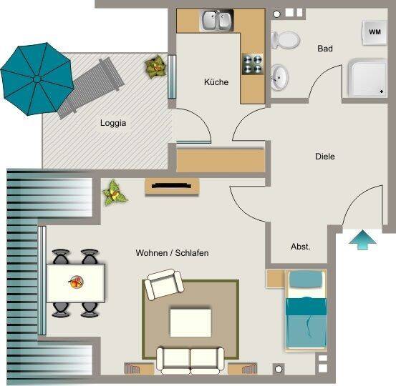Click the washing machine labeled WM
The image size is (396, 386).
click(375, 32)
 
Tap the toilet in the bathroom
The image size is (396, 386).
click(286, 40)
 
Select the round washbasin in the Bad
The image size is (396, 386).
click(279, 77)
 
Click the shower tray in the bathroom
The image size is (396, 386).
click(367, 77)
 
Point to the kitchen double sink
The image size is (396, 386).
click(217, 20)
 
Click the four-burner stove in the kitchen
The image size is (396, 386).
click(253, 64)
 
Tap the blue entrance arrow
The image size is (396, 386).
click(362, 239)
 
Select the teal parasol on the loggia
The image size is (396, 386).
click(37, 79)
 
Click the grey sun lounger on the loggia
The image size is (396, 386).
click(91, 87)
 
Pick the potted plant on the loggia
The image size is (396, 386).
click(156, 66)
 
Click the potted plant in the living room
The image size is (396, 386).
click(114, 193)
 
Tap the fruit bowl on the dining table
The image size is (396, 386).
click(75, 282)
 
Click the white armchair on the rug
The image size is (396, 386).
click(164, 284)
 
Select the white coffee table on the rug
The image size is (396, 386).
click(190, 322)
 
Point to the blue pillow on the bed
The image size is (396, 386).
click(306, 279)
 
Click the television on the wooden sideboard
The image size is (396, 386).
click(171, 186)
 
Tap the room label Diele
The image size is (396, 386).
click(325, 157)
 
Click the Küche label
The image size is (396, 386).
click(216, 82)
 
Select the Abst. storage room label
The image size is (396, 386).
click(300, 247)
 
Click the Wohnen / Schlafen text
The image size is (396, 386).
click(172, 252)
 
